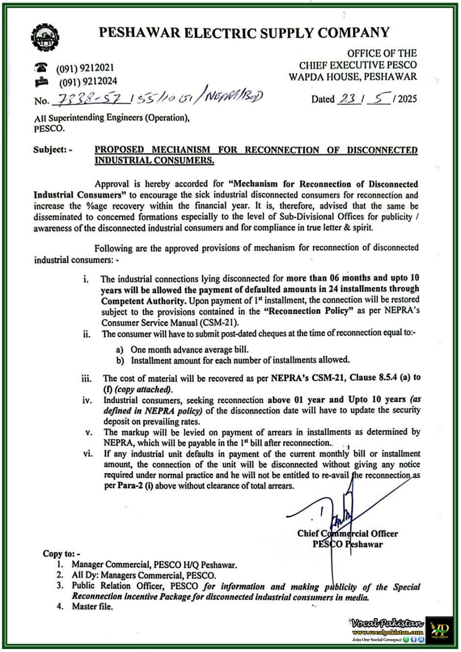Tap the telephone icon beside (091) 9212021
click(41, 67)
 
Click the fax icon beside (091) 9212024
click(41, 82)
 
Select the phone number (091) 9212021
click(85, 68)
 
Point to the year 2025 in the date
click(407, 99)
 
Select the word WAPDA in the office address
click(305, 77)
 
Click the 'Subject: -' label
click(53, 150)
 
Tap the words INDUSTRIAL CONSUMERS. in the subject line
click(154, 161)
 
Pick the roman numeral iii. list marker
click(86, 379)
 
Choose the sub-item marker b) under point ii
click(120, 361)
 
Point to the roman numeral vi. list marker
click(88, 454)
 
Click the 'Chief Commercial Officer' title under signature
click(347, 533)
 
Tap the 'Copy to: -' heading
click(62, 554)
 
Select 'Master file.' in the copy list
click(92, 606)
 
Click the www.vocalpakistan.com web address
click(388, 632)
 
